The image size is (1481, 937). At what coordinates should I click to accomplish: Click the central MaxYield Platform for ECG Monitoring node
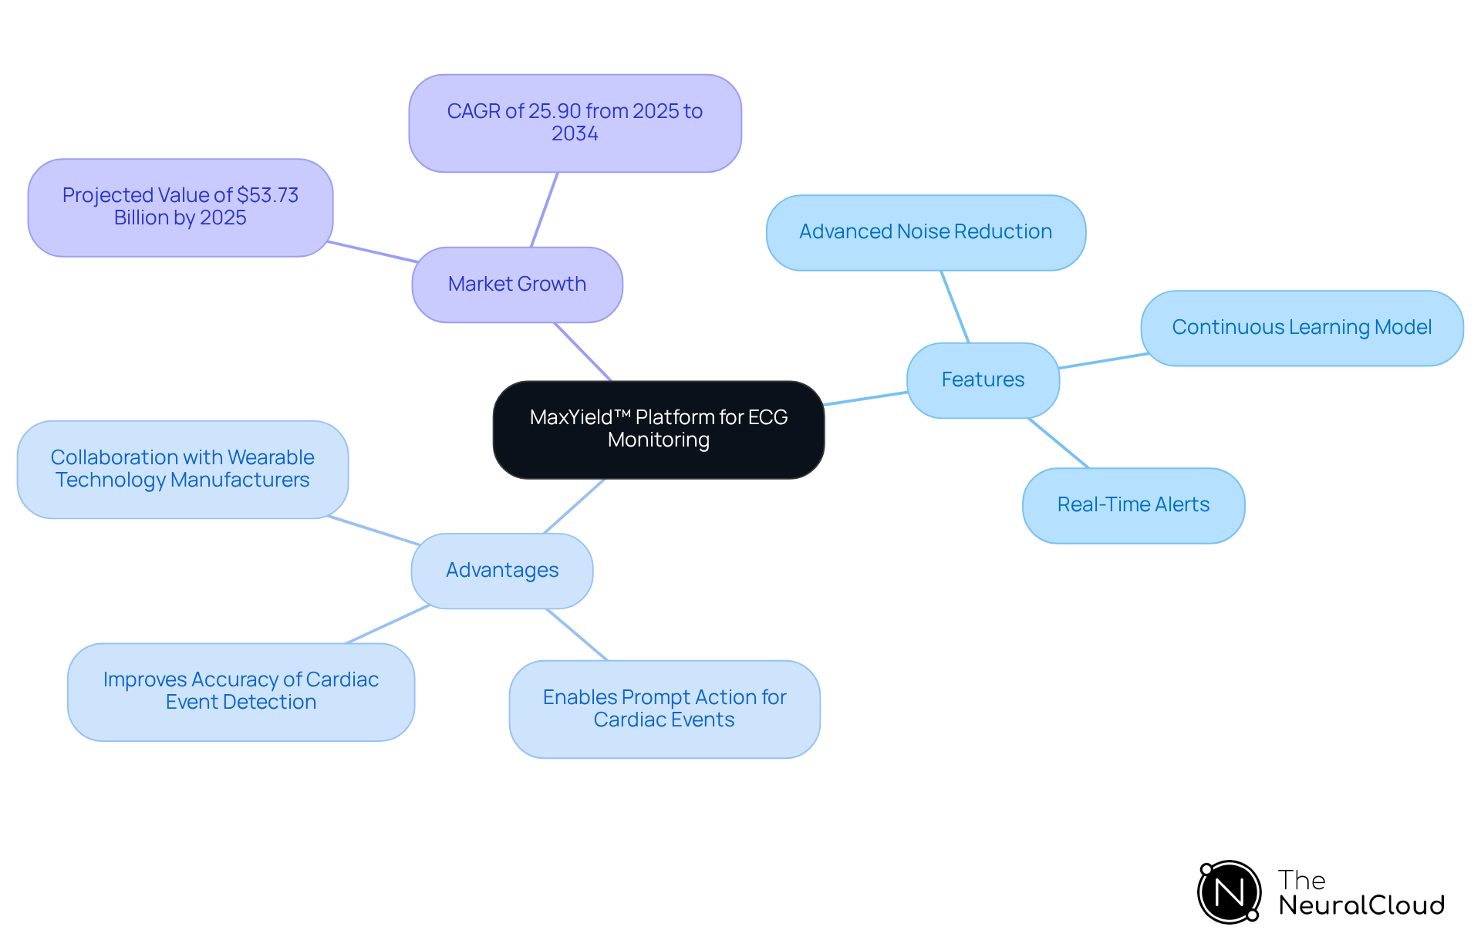point(658,430)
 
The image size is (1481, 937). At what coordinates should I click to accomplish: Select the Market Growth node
point(517,285)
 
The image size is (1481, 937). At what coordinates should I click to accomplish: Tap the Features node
point(983,380)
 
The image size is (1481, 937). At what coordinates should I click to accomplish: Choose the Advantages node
point(502,571)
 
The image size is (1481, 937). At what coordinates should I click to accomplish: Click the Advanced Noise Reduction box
point(926,232)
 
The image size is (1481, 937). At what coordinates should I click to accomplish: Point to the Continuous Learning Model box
point(1301,328)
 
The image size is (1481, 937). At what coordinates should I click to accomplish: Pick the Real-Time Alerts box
point(1133,505)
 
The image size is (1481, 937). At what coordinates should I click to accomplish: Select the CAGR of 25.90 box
point(575,123)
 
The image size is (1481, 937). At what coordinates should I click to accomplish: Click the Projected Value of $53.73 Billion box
point(180,207)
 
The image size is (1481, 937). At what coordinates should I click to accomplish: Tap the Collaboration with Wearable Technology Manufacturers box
point(183,469)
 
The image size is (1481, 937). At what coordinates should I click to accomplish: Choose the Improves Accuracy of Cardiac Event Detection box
point(241,692)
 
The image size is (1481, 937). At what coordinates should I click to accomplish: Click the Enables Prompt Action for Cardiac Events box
point(664,709)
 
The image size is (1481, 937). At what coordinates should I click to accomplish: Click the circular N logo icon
point(1229,892)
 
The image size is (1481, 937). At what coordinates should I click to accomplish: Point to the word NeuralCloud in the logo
point(1361,905)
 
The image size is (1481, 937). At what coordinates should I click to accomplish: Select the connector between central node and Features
point(865,399)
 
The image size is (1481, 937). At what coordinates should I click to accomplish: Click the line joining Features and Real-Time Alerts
point(1058,443)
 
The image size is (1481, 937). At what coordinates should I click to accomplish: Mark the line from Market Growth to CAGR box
point(544,210)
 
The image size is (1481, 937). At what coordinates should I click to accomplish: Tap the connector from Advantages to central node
point(575,506)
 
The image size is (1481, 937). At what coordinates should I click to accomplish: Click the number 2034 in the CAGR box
point(575,134)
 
